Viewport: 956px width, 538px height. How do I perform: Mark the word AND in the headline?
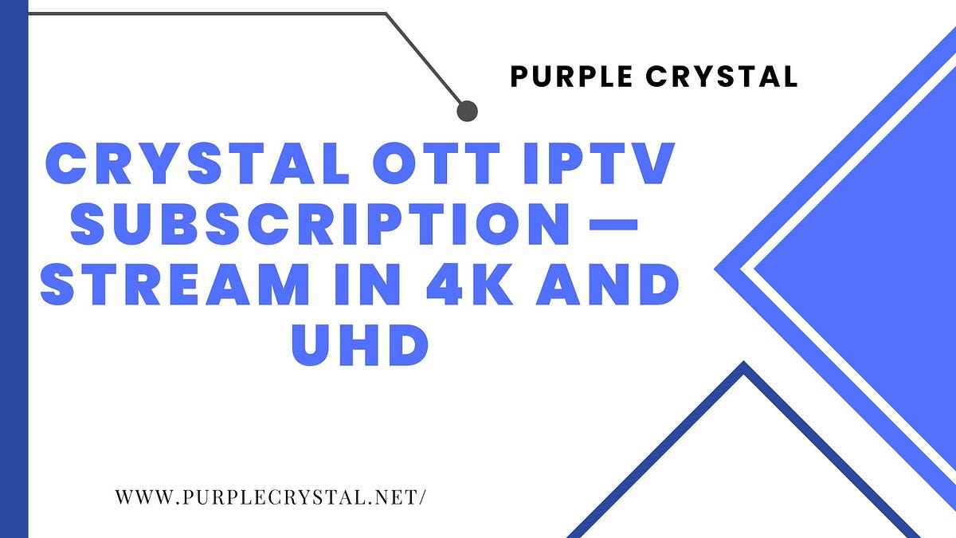point(605,285)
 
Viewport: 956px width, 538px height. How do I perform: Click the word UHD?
point(359,344)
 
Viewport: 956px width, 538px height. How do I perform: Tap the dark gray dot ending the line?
point(467,110)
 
